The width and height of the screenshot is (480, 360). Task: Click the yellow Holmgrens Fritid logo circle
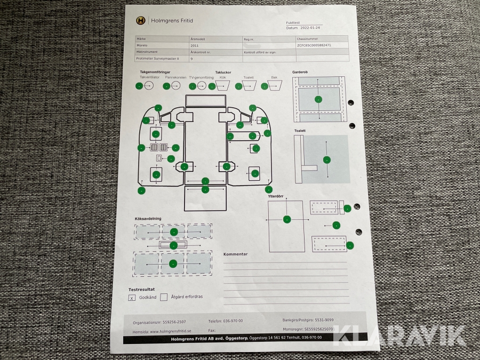140,21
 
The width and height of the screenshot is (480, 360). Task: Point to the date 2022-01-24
314,28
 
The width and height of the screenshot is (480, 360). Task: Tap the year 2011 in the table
195,46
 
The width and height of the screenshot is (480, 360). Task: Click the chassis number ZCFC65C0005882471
314,46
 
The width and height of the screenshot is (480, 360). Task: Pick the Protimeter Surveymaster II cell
157,59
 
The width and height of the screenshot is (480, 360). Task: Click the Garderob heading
300,71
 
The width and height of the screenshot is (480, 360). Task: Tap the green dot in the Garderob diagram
318,99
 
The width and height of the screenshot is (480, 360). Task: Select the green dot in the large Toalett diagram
326,159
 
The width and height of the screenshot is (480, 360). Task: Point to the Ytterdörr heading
278,195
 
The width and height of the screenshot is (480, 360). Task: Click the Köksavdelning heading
148,219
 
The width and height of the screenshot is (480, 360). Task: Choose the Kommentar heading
235,254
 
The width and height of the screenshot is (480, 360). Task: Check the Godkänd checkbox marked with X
132,298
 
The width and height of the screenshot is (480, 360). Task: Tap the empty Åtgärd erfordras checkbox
164,297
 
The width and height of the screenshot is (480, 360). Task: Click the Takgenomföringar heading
155,72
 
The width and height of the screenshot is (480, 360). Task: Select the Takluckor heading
223,72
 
